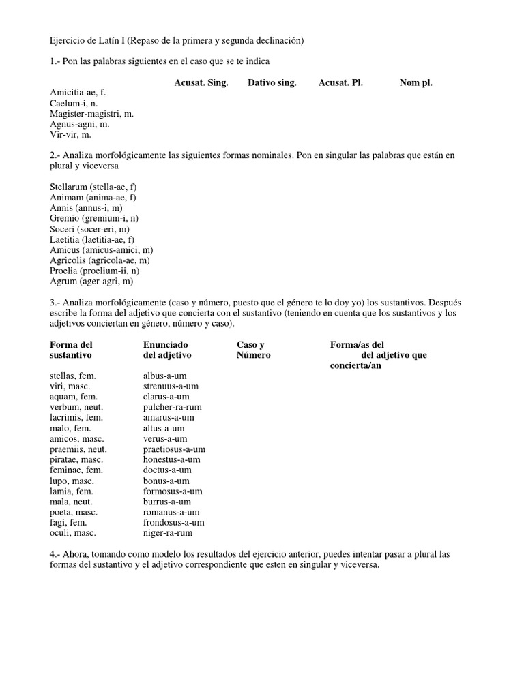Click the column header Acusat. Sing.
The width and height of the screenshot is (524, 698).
tap(201, 83)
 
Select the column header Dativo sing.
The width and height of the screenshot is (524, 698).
tap(272, 83)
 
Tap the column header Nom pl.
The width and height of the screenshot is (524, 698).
tap(416, 83)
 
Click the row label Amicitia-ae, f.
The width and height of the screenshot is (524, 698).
tap(78, 93)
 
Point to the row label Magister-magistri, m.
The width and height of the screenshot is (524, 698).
tap(91, 114)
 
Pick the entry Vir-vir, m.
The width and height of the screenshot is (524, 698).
tap(70, 135)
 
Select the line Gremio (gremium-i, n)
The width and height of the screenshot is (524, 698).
tap(93, 218)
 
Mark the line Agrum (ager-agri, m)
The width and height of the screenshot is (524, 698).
tap(91, 281)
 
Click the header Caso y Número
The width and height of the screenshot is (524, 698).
tap(253, 350)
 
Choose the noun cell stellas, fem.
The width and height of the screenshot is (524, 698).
tap(72, 376)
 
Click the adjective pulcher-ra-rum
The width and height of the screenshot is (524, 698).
tap(173, 407)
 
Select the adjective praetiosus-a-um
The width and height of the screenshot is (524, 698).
tap(174, 449)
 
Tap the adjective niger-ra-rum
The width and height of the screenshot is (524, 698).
tap(168, 533)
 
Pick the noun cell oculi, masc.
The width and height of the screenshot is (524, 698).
tap(73, 533)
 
